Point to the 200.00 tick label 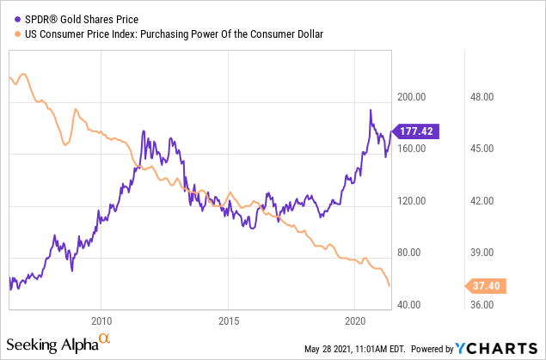tap(410, 96)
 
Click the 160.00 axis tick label tap(410, 149)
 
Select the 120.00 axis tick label tap(410, 200)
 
